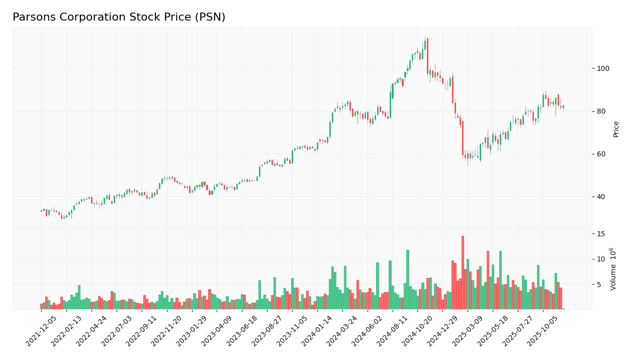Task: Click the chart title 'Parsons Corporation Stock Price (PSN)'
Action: tap(119, 18)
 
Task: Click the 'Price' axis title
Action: tap(616, 129)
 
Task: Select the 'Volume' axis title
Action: tap(613, 269)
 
